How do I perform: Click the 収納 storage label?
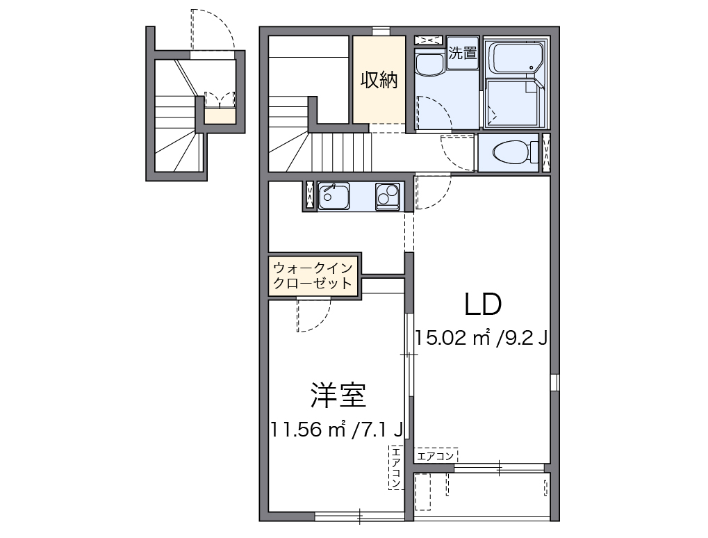[x=379, y=80]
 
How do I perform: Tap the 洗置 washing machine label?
[x=462, y=54]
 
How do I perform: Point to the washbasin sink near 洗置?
[x=429, y=64]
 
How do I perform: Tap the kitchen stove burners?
[x=387, y=196]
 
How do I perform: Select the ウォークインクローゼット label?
[x=313, y=276]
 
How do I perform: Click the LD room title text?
[x=483, y=304]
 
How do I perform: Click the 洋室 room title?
[x=338, y=396]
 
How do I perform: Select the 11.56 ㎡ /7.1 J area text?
[x=338, y=430]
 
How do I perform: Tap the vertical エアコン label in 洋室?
[x=395, y=466]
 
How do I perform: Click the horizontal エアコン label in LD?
[x=436, y=456]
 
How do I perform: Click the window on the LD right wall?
[x=554, y=382]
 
